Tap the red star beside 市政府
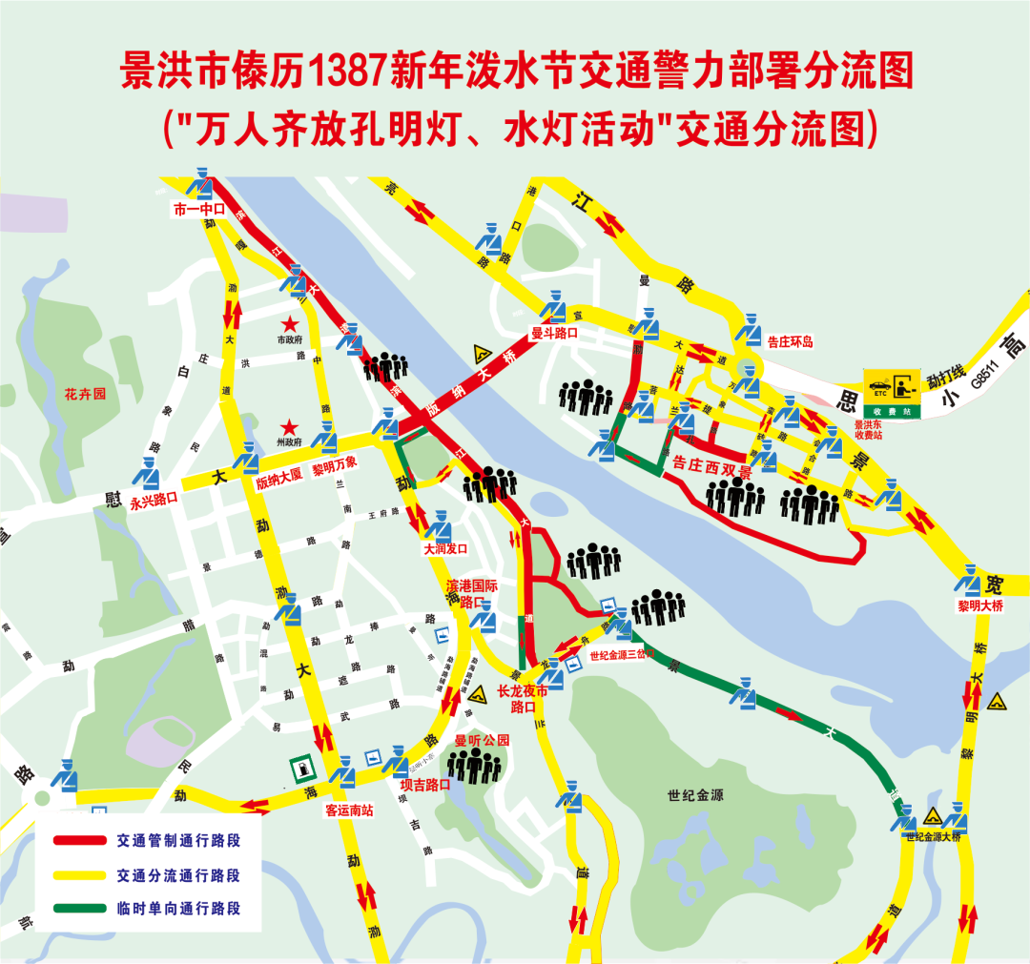289,325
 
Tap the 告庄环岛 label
790,340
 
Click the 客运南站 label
348,810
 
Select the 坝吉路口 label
424,785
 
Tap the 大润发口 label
445,550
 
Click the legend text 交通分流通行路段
178,874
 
